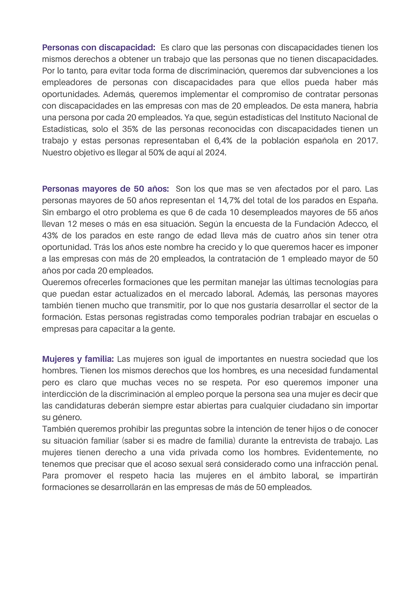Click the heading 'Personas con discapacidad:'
pyautogui.click(x=99, y=47)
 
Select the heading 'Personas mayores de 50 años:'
pyautogui.click(x=105, y=188)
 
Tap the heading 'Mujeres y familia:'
pyautogui.click(x=78, y=359)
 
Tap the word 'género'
pyautogui.click(x=64, y=417)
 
